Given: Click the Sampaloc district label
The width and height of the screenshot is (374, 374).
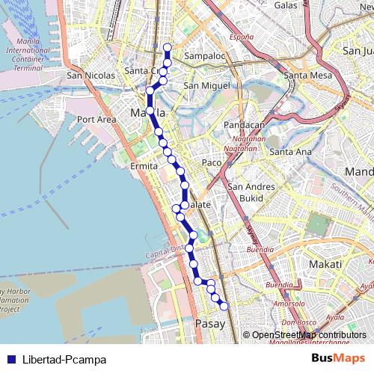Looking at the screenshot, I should [x=205, y=56].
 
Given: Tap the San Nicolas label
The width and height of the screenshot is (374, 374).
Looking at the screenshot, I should [x=91, y=76].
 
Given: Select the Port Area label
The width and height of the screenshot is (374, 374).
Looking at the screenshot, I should [x=96, y=119].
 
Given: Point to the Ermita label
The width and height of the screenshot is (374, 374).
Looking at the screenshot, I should [x=144, y=165].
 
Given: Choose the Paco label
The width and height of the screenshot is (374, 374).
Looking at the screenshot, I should [x=212, y=162].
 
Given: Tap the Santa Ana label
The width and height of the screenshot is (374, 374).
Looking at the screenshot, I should [x=290, y=152].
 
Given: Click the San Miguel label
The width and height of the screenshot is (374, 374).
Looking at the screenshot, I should [x=207, y=86].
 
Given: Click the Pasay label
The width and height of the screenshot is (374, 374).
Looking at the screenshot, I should [x=209, y=324].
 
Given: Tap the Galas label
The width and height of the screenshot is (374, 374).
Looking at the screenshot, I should [x=286, y=4].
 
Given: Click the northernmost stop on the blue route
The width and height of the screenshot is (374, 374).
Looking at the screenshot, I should [x=167, y=48].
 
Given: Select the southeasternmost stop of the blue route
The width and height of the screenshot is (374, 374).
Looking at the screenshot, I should [x=223, y=305].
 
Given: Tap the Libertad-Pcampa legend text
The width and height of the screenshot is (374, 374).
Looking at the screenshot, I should [x=64, y=360].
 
